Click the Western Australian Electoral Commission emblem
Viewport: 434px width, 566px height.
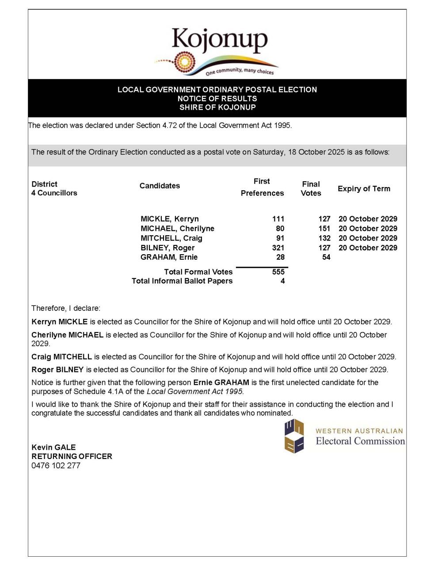tap(294, 436)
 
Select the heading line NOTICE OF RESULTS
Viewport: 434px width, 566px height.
tap(217, 98)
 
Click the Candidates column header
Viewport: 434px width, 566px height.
tap(160, 186)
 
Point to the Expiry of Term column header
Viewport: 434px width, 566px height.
tap(364, 189)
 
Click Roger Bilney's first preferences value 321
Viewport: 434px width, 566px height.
tap(278, 248)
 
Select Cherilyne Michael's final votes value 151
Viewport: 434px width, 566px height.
tap(324, 229)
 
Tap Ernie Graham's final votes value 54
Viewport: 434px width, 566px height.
tap(326, 257)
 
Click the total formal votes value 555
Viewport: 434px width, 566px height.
tap(278, 272)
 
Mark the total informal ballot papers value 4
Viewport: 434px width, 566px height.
tap(282, 281)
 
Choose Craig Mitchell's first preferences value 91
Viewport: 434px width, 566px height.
tap(280, 238)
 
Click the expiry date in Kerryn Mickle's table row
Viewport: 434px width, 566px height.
tap(368, 219)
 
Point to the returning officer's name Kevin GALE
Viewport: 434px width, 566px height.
tap(53, 447)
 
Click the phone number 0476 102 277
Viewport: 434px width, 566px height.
tap(56, 466)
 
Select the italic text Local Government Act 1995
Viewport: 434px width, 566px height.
tap(195, 391)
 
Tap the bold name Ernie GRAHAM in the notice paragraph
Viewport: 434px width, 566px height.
tap(221, 382)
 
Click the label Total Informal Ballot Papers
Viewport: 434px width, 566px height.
tap(182, 281)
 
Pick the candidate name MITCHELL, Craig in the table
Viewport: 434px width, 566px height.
tap(171, 238)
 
